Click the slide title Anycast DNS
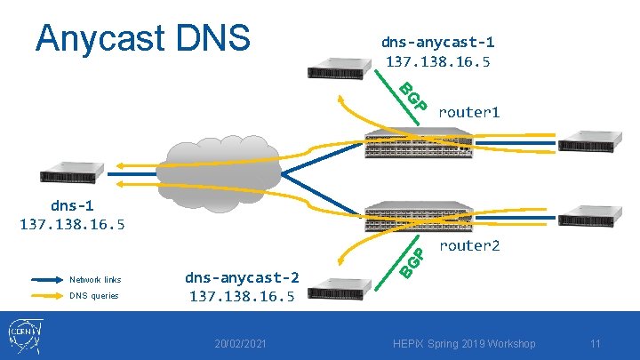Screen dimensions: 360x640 pyautogui.click(x=142, y=37)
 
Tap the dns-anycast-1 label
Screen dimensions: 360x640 pyautogui.click(x=437, y=42)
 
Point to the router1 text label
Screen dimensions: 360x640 pyautogui.click(x=468, y=112)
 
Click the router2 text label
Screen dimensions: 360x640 pyautogui.click(x=468, y=245)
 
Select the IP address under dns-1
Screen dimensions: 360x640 pyautogui.click(x=73, y=224)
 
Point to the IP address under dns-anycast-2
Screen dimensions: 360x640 pyautogui.click(x=242, y=296)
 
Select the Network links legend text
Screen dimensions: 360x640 pyautogui.click(x=95, y=279)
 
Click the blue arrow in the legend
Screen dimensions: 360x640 pyautogui.click(x=45, y=279)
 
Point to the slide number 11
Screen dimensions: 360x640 pyautogui.click(x=596, y=344)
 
